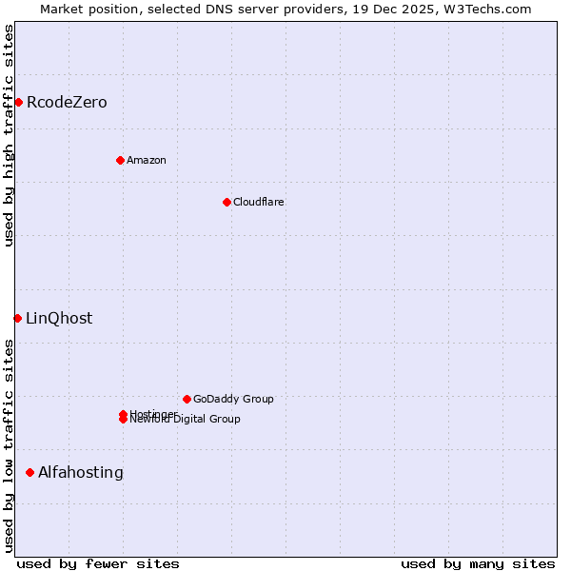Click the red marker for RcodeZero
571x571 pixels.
pyautogui.click(x=18, y=102)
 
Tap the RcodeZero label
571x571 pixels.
pyautogui.click(x=67, y=103)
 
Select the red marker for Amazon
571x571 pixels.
pyautogui.click(x=120, y=160)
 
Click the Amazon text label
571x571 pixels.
pyautogui.click(x=147, y=160)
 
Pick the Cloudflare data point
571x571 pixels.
pyautogui.click(x=226, y=202)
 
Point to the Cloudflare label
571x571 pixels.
pyautogui.click(x=259, y=202)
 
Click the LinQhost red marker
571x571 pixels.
pyautogui.click(x=17, y=318)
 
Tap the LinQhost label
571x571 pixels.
pyautogui.click(x=59, y=319)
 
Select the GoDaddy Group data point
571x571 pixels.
pyautogui.click(x=187, y=399)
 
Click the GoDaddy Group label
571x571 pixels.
pyautogui.click(x=233, y=399)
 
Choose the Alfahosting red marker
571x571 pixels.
pyautogui.click(x=30, y=472)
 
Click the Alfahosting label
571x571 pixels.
pyautogui.click(x=81, y=473)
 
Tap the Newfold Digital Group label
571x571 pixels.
pyautogui.click(x=186, y=420)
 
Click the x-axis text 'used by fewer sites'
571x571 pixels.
pyautogui.click(x=98, y=563)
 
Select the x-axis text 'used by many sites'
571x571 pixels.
pyautogui.click(x=478, y=563)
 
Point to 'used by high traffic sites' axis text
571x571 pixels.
pyautogui.click(x=10, y=135)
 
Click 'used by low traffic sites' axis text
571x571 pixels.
pyautogui.click(x=10, y=445)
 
